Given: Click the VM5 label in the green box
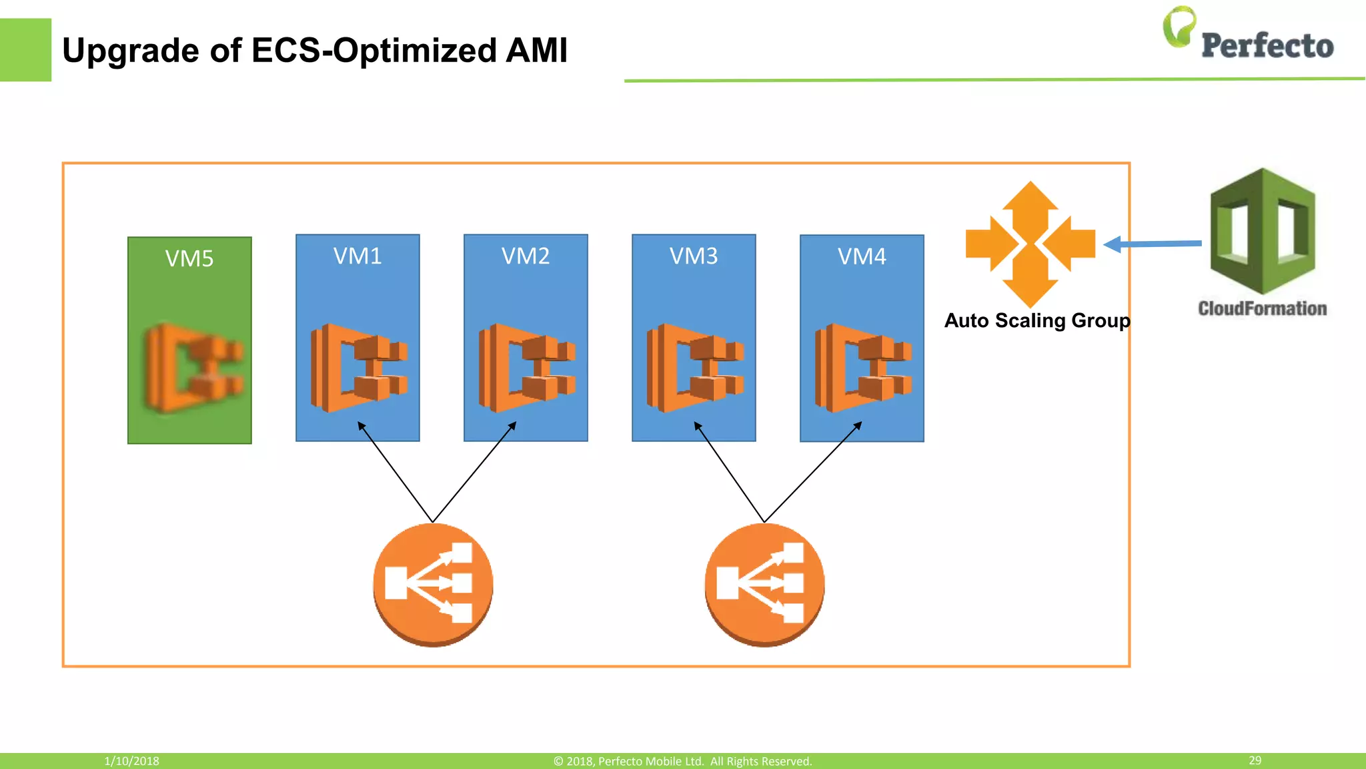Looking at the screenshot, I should (189, 259).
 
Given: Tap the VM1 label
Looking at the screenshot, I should (358, 256).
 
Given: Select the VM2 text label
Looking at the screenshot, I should (526, 256).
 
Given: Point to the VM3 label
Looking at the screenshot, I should (694, 256).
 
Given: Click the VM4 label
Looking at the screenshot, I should (862, 257).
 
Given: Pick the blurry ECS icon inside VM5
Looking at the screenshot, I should (194, 368).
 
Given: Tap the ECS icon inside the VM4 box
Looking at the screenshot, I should (863, 368).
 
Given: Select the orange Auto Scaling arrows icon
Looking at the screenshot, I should (1031, 244).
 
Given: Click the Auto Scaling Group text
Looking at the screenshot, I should (1037, 321).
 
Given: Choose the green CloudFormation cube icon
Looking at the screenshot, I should (1262, 231).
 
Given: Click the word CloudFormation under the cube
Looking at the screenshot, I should (1262, 308).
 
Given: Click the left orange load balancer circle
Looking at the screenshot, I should (433, 585).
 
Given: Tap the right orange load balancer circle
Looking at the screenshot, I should (764, 585).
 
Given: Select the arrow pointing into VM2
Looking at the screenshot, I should (475, 471).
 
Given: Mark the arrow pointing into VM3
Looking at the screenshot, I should (728, 471).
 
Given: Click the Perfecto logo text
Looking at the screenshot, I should (1267, 46).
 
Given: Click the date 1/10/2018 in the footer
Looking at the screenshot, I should (131, 761).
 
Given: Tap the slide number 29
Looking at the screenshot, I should (1255, 760).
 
